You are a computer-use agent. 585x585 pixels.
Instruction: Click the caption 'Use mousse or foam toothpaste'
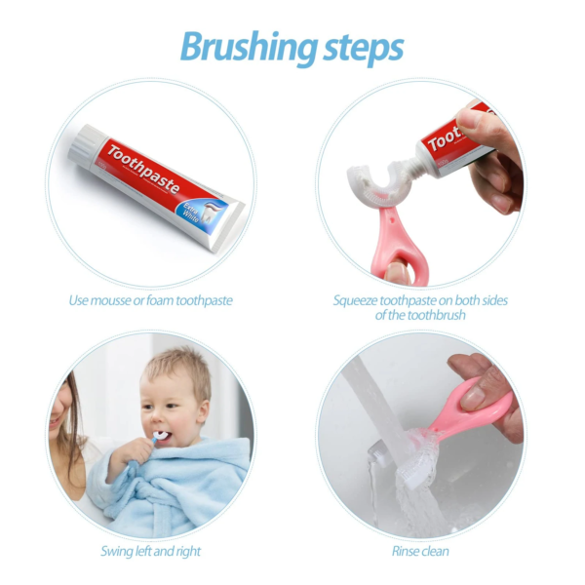(x=150, y=300)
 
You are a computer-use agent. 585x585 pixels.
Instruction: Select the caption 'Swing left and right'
(x=150, y=552)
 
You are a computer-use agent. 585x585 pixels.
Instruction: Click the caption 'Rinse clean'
(x=421, y=552)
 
